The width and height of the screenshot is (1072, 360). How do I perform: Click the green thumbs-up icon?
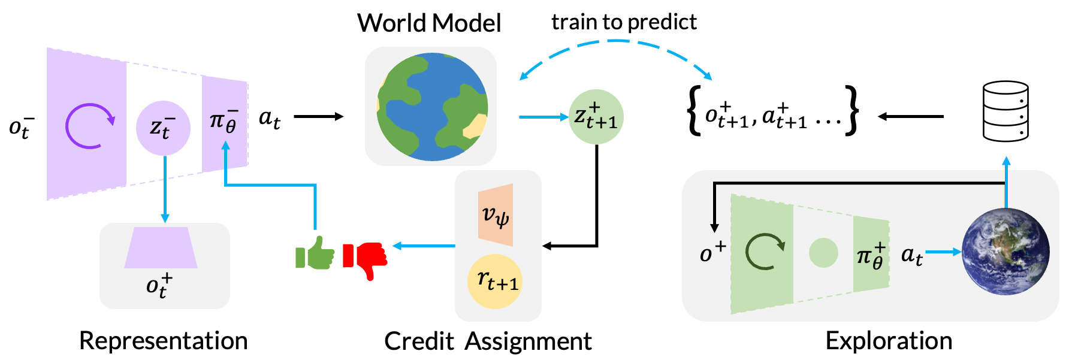point(315,253)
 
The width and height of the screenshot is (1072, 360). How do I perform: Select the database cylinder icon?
point(1005,111)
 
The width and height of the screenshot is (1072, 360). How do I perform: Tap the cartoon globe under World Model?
point(432,107)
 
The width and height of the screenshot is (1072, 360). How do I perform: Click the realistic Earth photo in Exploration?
point(1005,252)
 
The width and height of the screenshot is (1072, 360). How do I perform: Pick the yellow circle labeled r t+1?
point(495,281)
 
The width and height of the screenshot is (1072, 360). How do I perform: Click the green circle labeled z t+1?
point(596,117)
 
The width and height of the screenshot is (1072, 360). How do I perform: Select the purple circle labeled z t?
point(163,128)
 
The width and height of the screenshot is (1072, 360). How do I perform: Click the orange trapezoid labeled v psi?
point(496,215)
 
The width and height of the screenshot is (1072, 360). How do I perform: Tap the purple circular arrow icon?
point(89,126)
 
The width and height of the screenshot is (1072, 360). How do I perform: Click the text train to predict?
point(624,22)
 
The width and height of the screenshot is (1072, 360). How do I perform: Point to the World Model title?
point(429,23)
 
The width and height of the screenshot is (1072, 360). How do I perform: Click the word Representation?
point(163,341)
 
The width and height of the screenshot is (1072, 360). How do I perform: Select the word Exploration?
point(889,341)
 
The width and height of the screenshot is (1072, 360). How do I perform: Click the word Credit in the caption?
point(419,341)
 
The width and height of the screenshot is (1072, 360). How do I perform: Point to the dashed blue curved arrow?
point(616,41)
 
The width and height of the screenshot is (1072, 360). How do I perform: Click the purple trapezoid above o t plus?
point(161,247)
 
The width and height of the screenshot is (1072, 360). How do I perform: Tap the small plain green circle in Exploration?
point(823,252)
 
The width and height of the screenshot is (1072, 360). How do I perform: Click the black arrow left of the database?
point(911,116)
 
